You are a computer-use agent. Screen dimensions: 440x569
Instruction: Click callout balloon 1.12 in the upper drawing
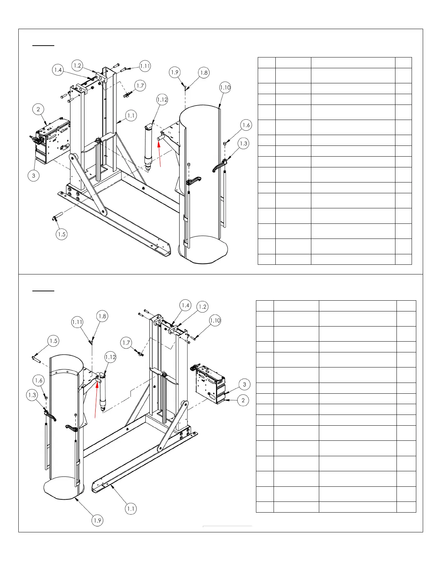(162, 100)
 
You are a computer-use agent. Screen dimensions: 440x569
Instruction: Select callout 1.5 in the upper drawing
(62, 234)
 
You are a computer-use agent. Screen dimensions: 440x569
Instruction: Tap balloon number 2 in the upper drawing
(38, 110)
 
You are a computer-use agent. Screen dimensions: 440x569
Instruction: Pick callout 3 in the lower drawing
(244, 384)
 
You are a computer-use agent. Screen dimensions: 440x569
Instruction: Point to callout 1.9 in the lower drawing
(97, 520)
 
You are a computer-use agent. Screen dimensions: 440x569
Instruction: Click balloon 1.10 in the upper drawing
(225, 88)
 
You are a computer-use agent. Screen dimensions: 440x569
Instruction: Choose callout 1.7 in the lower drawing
(126, 343)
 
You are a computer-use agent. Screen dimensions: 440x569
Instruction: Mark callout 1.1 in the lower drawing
(131, 509)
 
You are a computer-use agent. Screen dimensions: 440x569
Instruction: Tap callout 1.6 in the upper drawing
(246, 125)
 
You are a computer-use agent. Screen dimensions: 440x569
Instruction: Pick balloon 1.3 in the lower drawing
(32, 395)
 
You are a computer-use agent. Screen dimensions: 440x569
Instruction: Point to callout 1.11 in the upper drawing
(145, 66)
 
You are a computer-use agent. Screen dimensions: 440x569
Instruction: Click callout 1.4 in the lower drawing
(185, 306)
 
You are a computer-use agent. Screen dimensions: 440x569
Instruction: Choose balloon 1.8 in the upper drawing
(204, 73)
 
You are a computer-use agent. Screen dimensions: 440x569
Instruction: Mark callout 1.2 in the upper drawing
(77, 65)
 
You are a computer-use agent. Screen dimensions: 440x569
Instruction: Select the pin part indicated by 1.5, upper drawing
(58, 216)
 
